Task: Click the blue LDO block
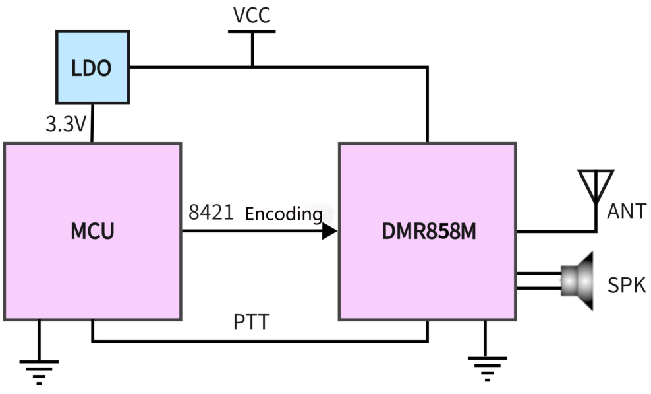[92, 67]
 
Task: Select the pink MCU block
[92, 232]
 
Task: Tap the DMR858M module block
[428, 232]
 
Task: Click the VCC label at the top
[252, 15]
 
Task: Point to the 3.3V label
[66, 124]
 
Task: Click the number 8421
[210, 213]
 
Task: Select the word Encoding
[284, 214]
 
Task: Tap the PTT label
[252, 323]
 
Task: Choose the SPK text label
[627, 285]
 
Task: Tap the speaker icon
[578, 281]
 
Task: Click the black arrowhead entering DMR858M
[329, 231]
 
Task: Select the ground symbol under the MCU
[39, 370]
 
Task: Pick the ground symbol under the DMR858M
[486, 367]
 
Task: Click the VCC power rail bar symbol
[252, 31]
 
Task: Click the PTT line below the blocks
[260, 341]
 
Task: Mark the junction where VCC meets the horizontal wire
[252, 67]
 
